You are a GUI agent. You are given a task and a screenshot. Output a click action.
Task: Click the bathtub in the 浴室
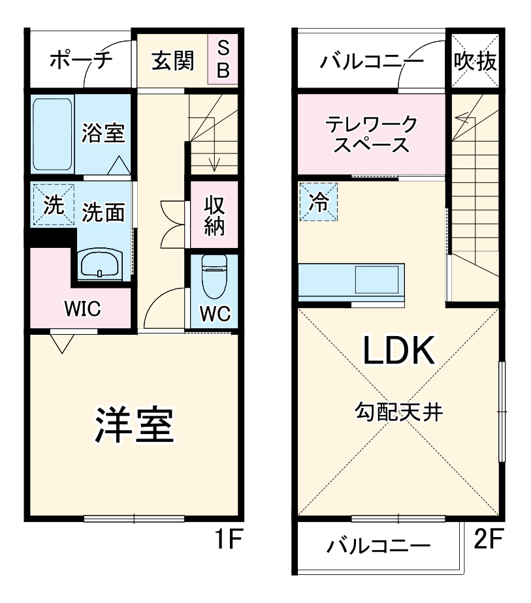tap(52, 134)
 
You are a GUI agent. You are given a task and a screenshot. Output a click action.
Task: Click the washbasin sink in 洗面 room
tap(99, 265)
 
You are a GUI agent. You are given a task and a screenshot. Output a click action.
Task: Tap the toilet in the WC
tap(214, 273)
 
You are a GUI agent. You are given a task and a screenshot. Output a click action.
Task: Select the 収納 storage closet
tap(214, 215)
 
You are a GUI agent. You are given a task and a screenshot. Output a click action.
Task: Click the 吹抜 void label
tap(475, 62)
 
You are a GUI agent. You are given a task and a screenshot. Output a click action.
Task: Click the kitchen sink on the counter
tap(378, 280)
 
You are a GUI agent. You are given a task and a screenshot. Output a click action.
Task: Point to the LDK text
tap(398, 352)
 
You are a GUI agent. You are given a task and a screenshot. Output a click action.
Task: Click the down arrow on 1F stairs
tap(214, 163)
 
